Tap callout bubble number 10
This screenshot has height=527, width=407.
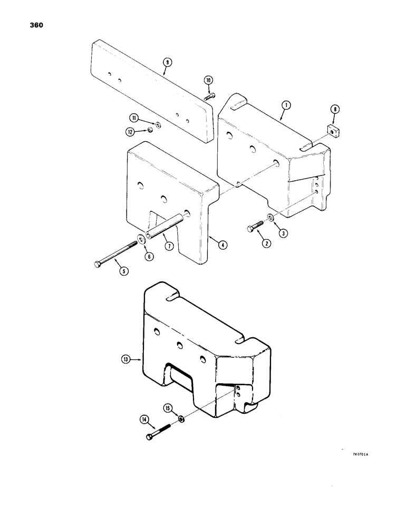[x=208, y=80]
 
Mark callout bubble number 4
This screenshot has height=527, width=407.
[x=224, y=245]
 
